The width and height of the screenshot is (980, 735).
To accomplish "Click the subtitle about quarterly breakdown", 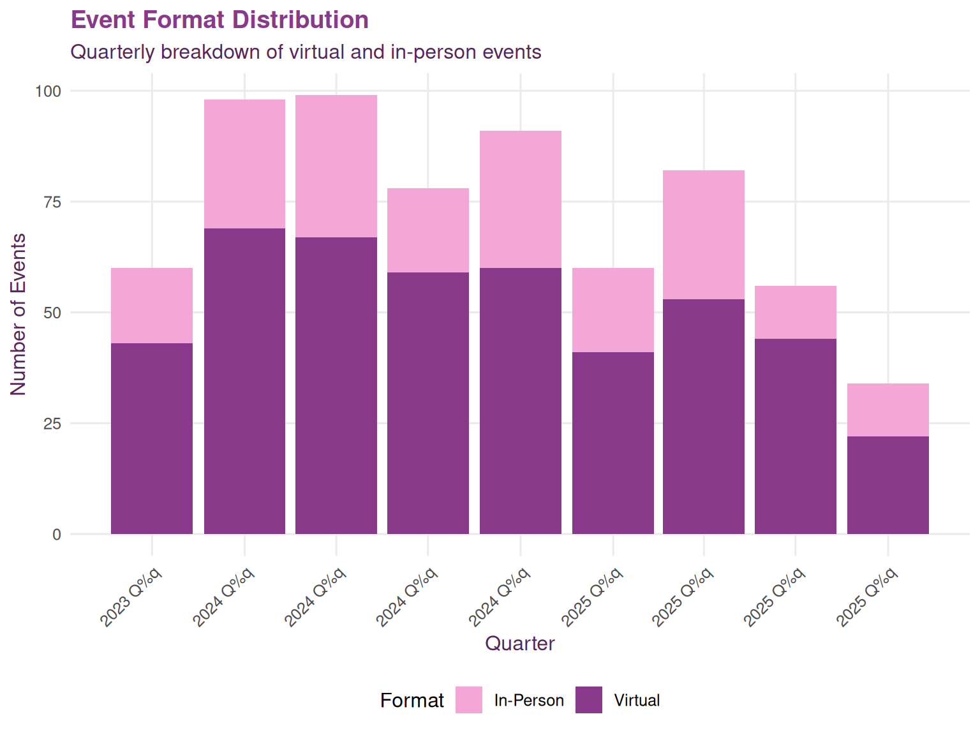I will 306,52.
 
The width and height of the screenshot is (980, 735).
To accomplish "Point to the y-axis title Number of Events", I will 19,314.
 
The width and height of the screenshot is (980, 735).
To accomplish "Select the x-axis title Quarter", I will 519,643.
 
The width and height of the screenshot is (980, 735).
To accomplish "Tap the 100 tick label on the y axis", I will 48,91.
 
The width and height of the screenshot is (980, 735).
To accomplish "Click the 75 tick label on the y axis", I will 52,202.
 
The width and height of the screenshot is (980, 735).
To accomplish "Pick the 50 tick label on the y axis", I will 52,313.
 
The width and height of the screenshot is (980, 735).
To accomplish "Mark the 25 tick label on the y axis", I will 52,424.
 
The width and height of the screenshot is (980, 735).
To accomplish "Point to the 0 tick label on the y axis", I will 57,535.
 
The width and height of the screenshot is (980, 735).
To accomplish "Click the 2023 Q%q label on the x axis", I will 132,596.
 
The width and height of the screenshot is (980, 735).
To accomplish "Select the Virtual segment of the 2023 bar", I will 152,438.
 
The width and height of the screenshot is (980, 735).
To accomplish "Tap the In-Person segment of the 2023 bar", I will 152,306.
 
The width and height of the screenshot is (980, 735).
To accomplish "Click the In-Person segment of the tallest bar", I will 336,166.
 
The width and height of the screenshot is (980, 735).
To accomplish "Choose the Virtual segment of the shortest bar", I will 887,485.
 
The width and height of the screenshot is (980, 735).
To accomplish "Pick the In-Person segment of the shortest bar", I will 887,410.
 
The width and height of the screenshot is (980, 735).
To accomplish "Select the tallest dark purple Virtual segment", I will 244,381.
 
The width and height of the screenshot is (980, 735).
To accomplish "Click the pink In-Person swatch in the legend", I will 468,700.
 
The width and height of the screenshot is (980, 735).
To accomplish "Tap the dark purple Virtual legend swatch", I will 588,700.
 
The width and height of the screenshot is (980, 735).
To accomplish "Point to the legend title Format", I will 412,701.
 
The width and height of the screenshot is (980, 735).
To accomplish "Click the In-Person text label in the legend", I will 529,701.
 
